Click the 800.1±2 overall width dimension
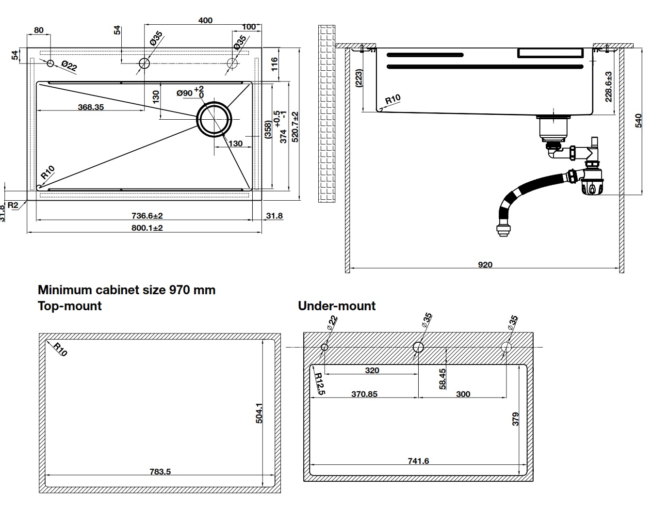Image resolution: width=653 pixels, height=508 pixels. point(147,228)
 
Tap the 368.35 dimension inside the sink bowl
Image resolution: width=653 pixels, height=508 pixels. point(91,107)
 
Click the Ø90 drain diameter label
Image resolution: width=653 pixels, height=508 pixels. point(185,93)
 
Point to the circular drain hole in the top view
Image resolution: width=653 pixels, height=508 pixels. point(214,119)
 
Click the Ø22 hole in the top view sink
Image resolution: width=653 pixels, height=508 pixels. point(50,63)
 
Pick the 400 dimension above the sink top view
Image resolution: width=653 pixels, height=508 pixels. point(205,20)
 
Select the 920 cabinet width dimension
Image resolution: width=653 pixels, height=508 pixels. point(485,265)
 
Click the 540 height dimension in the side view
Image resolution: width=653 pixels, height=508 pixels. point(638,120)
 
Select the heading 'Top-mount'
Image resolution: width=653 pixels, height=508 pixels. point(70,306)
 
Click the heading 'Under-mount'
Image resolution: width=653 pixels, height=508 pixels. point(337,306)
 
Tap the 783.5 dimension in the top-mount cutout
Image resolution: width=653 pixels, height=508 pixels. point(160,471)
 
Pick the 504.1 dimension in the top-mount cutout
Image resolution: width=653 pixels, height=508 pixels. point(259,413)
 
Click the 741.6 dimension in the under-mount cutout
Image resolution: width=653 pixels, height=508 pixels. point(418,461)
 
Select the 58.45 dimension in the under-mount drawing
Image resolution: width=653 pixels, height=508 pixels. point(442,379)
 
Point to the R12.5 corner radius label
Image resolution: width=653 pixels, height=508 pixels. point(319,383)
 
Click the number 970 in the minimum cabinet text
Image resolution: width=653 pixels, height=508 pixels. point(179,290)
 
